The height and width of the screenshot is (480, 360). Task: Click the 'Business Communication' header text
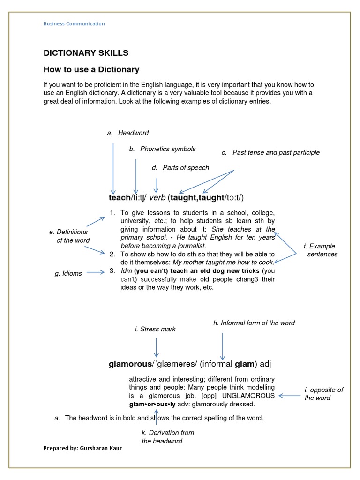(x=74, y=24)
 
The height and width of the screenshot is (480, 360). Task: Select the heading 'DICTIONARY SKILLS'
(x=86, y=53)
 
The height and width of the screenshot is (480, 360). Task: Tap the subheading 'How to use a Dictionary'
(x=91, y=70)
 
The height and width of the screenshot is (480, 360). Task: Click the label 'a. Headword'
(x=127, y=133)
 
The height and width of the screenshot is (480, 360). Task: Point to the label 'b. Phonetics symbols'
(x=162, y=149)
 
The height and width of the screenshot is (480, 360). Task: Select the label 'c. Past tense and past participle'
(x=270, y=152)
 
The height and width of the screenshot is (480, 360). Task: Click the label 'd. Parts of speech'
(x=180, y=168)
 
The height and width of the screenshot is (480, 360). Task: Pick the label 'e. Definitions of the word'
(x=69, y=236)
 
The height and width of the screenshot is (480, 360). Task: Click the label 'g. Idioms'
(x=68, y=273)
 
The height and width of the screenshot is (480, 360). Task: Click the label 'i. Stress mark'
(x=155, y=329)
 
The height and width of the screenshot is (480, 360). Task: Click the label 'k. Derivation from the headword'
(x=167, y=437)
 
